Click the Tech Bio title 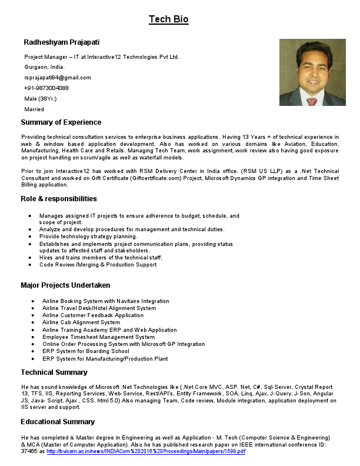click(x=168, y=19)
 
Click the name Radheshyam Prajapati click(x=61, y=42)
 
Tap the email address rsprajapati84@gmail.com click(x=58, y=78)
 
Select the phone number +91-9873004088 click(x=46, y=88)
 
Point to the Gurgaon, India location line click(x=45, y=67)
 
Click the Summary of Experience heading click(x=61, y=122)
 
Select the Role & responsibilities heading click(x=59, y=199)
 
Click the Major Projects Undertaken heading click(x=65, y=285)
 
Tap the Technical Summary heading click(x=54, y=372)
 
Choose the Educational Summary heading click(x=58, y=422)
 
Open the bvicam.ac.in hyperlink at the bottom click(x=146, y=451)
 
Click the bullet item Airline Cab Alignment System click(x=81, y=322)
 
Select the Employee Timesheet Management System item click(x=98, y=337)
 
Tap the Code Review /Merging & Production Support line click(x=98, y=265)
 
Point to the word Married click(x=34, y=109)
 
